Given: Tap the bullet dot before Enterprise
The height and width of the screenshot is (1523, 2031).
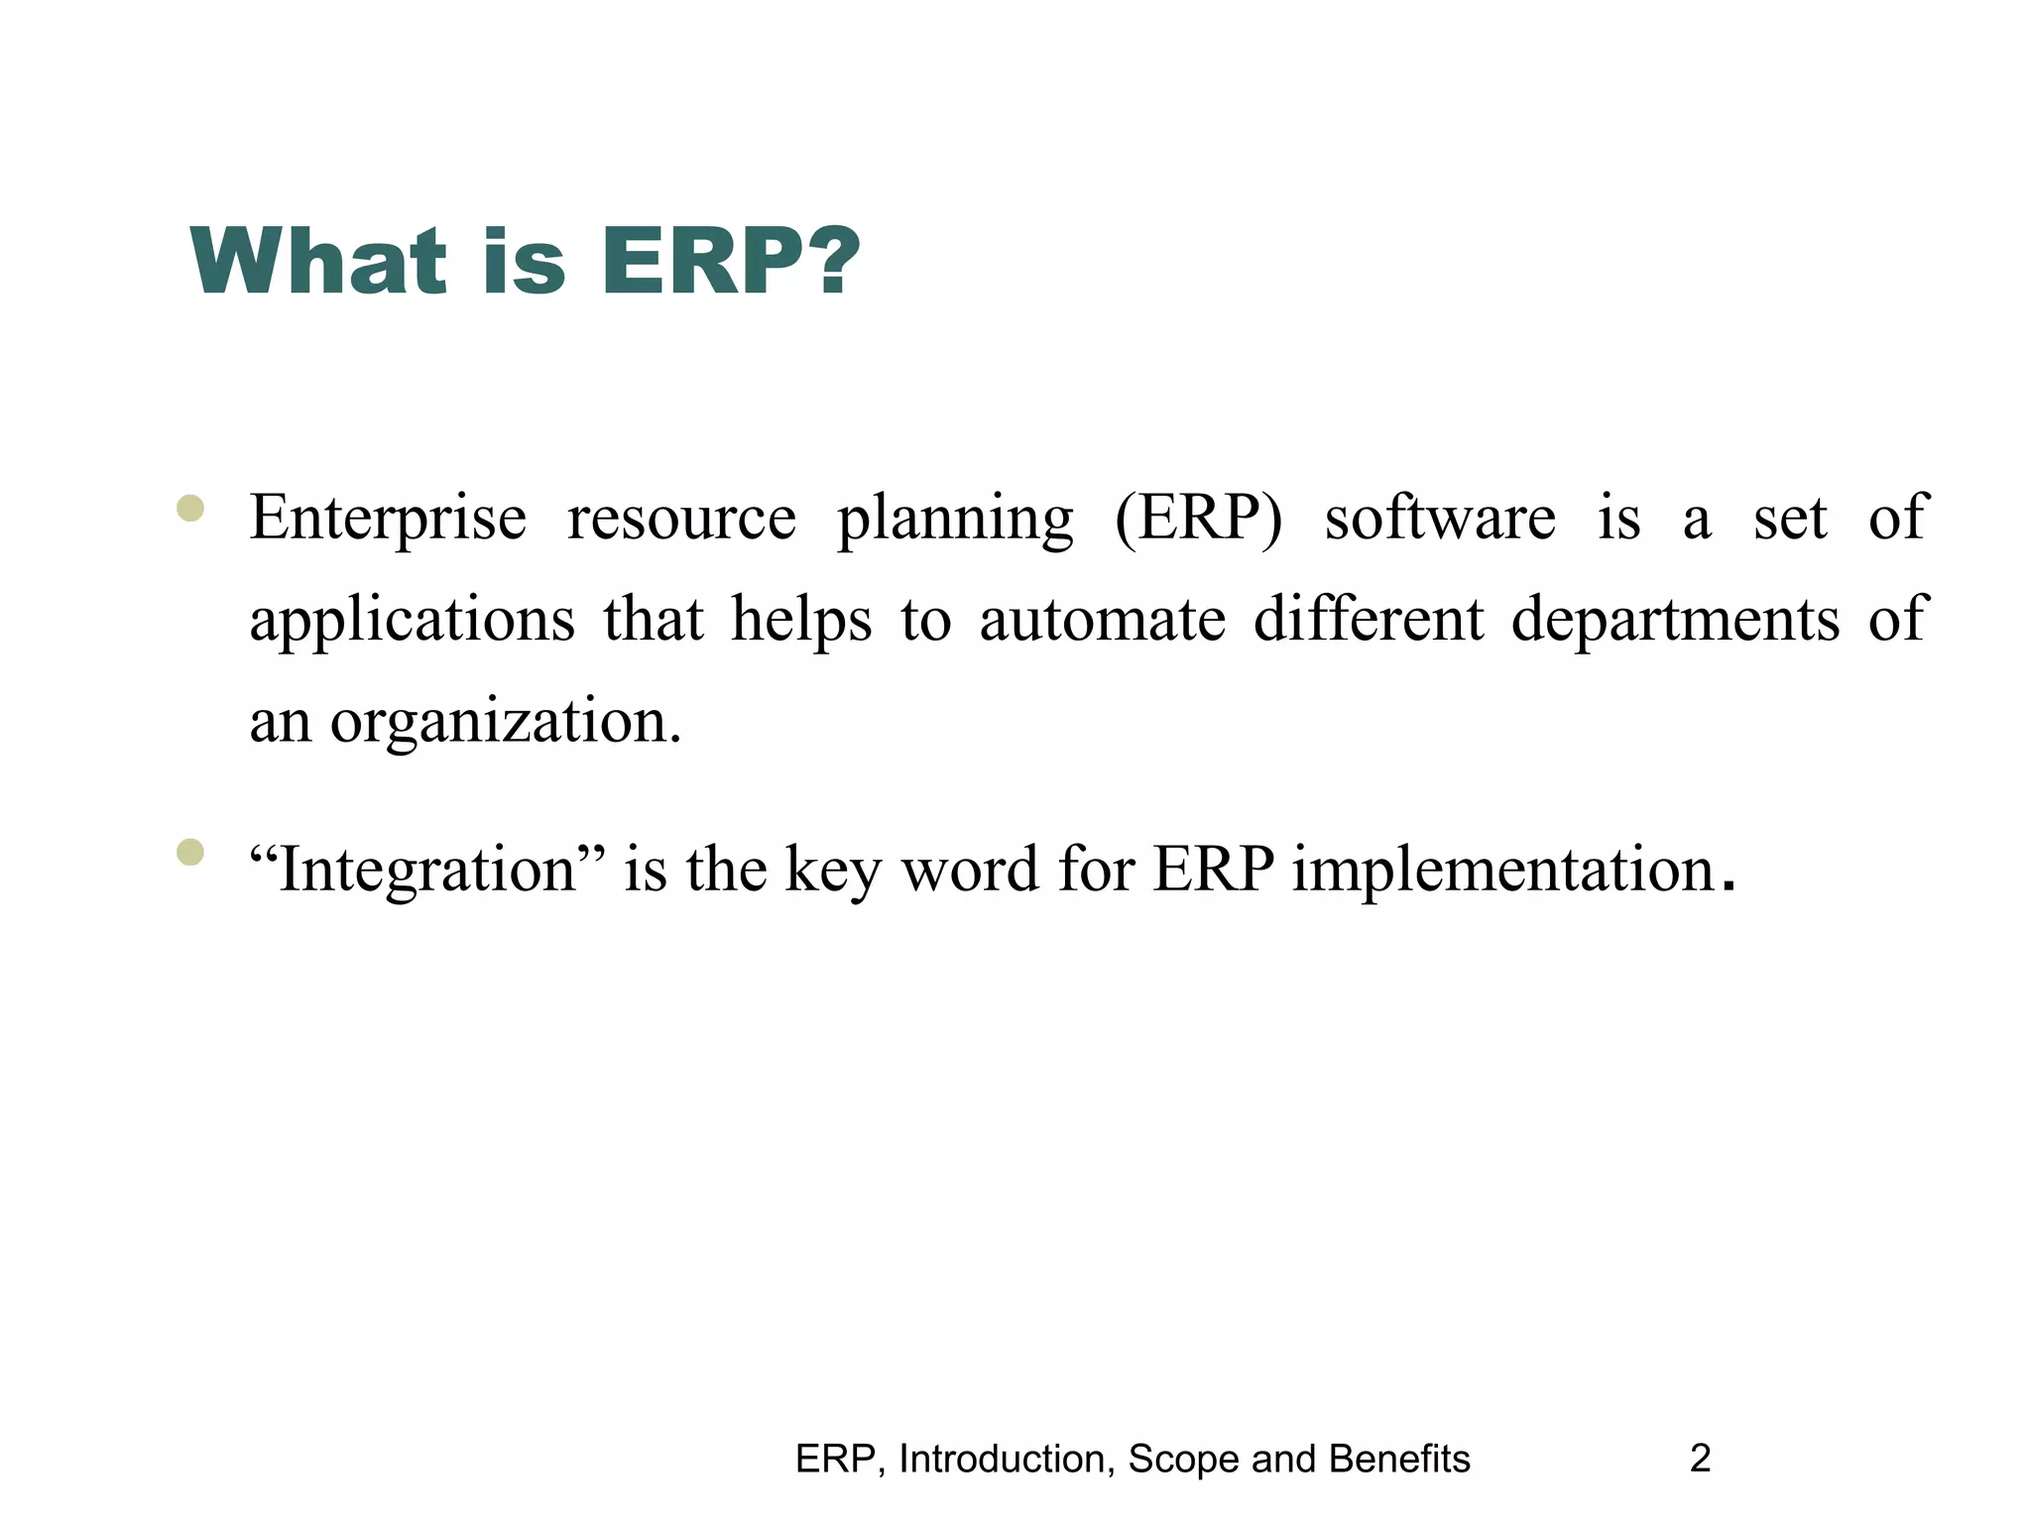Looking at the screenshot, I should (189, 509).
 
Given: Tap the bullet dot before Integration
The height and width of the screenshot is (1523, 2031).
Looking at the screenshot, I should (189, 852).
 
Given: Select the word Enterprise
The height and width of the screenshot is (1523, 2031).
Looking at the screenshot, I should (388, 519).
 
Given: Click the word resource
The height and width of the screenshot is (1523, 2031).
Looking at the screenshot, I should (681, 519).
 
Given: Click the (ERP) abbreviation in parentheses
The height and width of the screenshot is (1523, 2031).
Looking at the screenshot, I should (1198, 519).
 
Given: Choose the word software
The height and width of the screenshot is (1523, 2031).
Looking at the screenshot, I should (1440, 519).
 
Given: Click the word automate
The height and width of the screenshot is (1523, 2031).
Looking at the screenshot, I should (1102, 620).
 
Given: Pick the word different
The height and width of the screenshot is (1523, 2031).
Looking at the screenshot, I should (1368, 620).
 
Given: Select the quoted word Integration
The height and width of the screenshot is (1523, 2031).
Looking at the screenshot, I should (427, 871).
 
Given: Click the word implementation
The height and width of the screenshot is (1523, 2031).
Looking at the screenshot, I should (1503, 871).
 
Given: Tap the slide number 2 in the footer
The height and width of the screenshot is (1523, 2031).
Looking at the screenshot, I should (1700, 1459).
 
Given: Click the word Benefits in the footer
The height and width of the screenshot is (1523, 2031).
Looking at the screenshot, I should (1398, 1459).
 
